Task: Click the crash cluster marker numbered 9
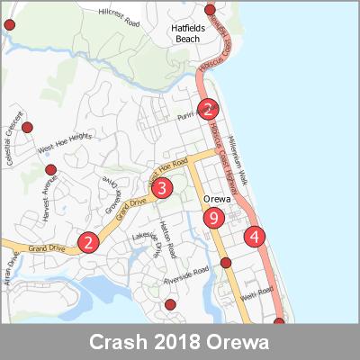[x=213, y=218]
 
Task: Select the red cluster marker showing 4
[x=256, y=237]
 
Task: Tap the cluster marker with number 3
[x=161, y=188]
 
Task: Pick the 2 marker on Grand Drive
[x=87, y=242]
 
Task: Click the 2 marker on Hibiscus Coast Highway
[x=208, y=111]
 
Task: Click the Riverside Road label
[x=186, y=278]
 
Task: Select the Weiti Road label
[x=256, y=293]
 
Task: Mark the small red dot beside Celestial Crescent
[x=27, y=127]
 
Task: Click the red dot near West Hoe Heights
[x=50, y=169]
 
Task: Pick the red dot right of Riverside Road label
[x=226, y=263]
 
